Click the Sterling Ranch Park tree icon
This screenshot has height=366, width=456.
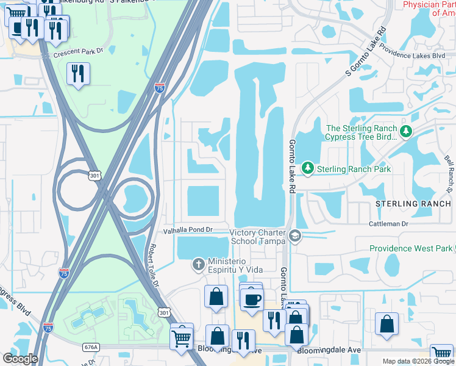pos(308,168)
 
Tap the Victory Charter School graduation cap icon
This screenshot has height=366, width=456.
pos(295,236)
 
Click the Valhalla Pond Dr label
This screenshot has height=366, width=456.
pos(187,230)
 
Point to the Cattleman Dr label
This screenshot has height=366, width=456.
pos(388,224)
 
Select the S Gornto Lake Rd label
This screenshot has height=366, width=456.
pos(366,51)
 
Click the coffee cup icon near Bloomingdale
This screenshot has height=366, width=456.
pos(252,299)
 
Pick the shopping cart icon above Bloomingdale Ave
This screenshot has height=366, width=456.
pos(182,336)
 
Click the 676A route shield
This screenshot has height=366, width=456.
pos(90,346)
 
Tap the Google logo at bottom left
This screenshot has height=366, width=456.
pos(20,358)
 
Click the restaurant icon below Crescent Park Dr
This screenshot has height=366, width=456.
pos(78,74)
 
